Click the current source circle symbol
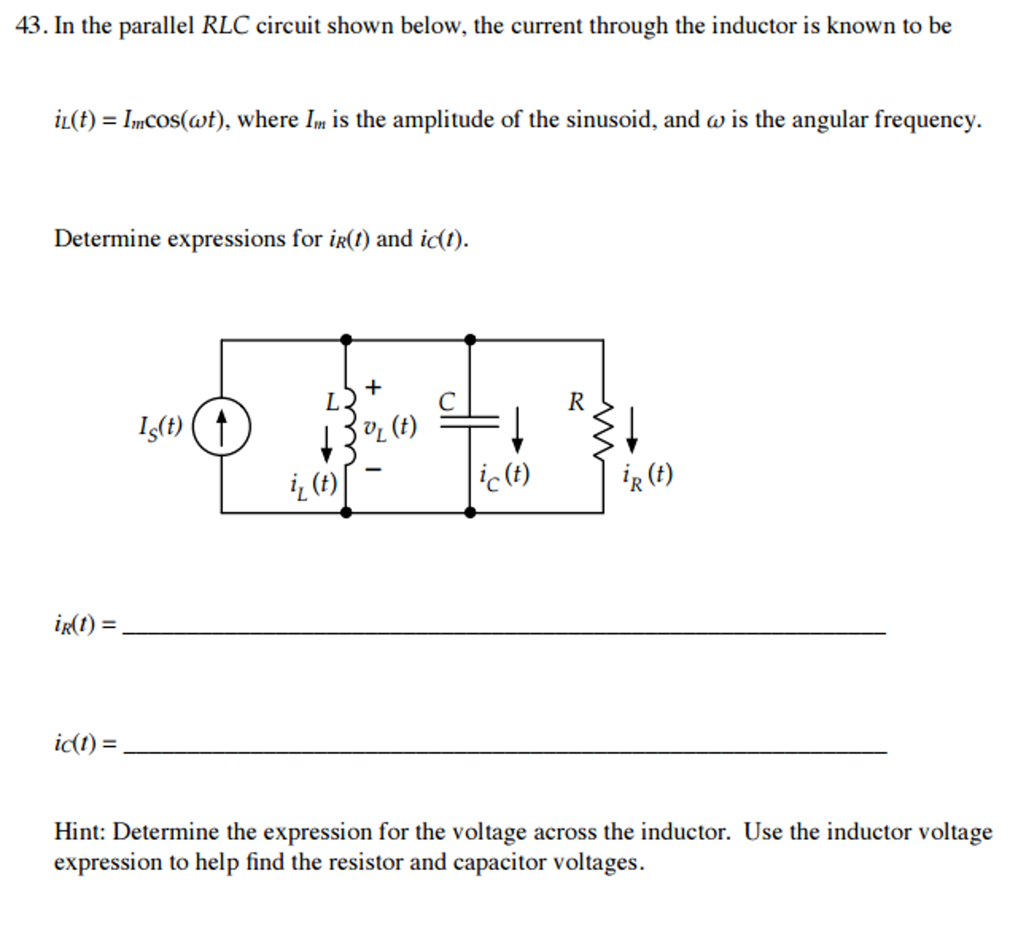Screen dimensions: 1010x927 (221, 426)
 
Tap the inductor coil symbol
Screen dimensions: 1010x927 (349, 426)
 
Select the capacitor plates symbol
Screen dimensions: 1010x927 (469, 422)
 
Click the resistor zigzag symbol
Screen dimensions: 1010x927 (603, 430)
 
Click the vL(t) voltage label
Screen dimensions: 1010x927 (390, 428)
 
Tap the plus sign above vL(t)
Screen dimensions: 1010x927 (373, 387)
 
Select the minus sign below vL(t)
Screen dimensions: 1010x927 (373, 469)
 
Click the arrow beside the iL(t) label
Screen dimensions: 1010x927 (326, 444)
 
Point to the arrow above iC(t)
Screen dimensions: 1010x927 (517, 430)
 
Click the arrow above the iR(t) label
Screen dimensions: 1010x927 (632, 430)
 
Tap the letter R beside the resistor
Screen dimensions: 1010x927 (576, 402)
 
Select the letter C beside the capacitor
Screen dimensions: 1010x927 (447, 402)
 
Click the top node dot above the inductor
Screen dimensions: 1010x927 (346, 340)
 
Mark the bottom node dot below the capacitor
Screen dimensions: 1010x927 (469, 512)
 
